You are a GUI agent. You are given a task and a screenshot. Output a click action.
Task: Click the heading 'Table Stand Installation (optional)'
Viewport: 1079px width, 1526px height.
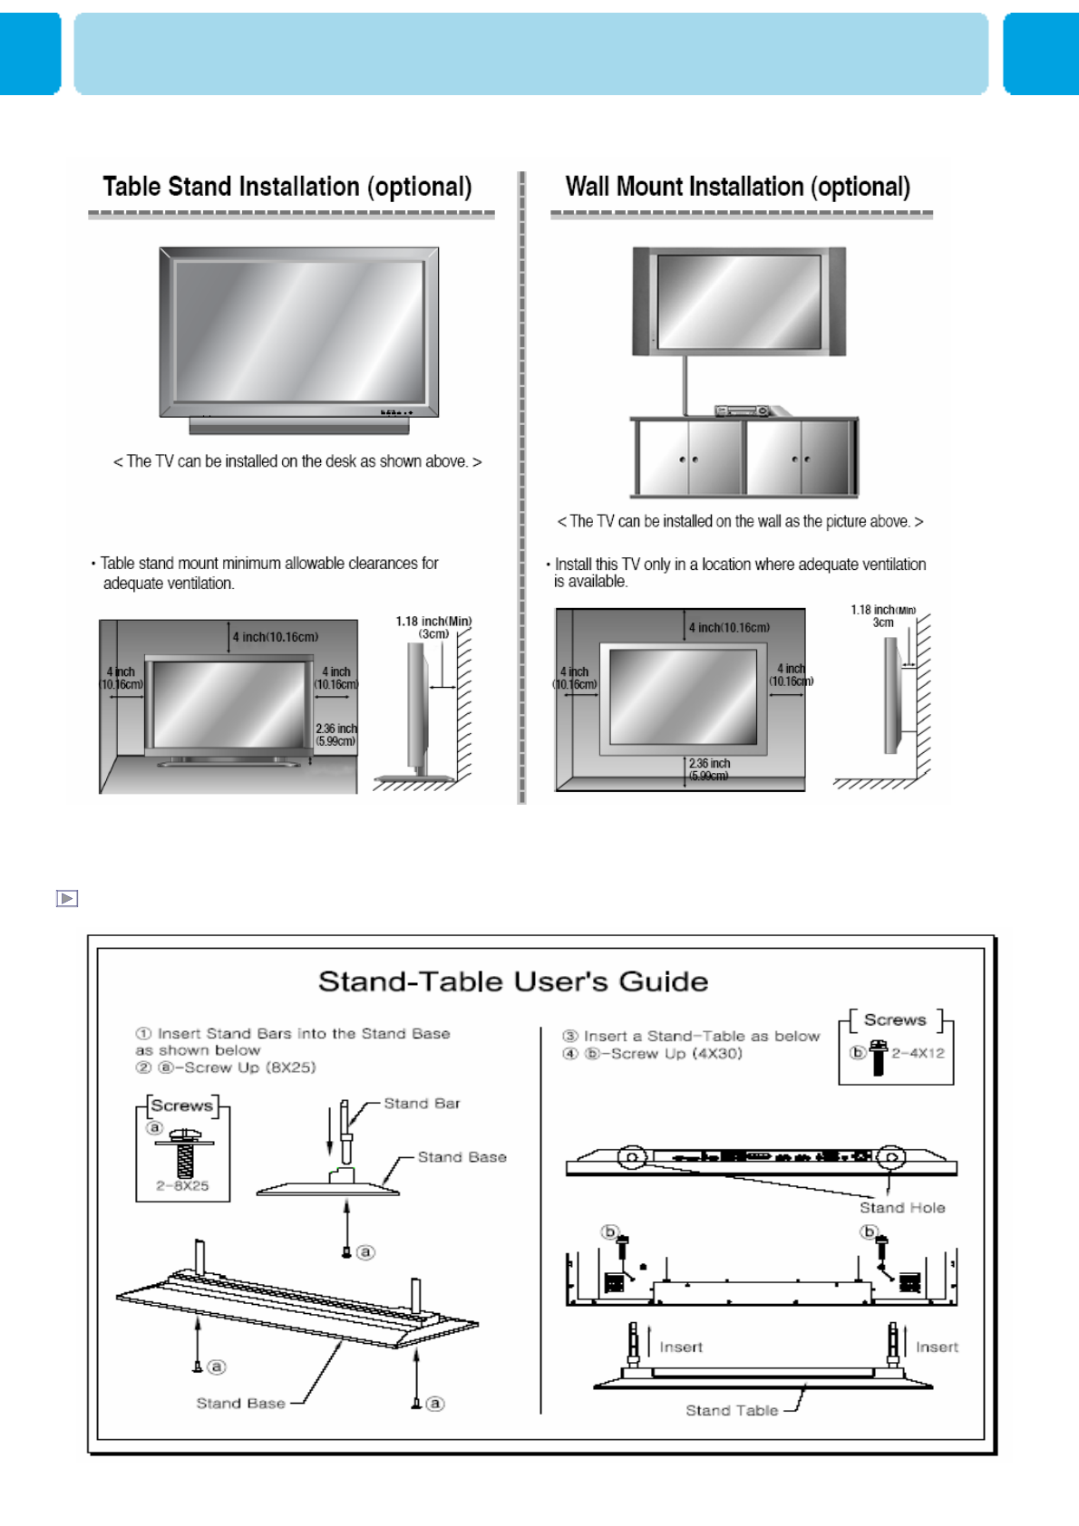coord(287,187)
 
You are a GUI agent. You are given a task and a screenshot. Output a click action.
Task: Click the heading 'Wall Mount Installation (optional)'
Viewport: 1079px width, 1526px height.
coord(737,187)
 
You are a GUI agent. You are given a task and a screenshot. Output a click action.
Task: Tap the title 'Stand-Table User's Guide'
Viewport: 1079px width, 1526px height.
coord(513,981)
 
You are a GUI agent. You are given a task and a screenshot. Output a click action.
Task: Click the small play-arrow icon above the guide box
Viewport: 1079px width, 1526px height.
coord(67,898)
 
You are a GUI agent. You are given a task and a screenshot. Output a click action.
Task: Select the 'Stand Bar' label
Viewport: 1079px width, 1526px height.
coord(422,1104)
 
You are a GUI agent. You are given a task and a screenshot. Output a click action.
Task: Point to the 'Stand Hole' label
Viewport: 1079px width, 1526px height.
coord(902,1208)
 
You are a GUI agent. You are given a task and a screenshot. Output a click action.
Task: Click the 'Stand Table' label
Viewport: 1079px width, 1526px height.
coord(732,1410)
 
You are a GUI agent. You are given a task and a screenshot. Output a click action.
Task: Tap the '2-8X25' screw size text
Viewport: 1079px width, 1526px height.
coord(182,1185)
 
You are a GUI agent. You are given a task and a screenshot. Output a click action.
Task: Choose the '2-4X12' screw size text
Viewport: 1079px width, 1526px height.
coord(918,1053)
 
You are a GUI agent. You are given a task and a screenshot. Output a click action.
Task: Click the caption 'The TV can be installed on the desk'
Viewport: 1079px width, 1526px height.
coord(297,461)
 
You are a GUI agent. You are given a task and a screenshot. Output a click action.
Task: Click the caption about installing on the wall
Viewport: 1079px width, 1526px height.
coord(740,521)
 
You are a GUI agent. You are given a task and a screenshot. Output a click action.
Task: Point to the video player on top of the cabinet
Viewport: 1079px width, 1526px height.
coord(744,410)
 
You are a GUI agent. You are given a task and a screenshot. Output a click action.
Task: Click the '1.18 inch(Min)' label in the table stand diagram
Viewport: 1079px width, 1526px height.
coord(433,622)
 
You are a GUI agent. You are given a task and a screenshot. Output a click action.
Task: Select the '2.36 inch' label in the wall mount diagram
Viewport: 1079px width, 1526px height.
coord(709,764)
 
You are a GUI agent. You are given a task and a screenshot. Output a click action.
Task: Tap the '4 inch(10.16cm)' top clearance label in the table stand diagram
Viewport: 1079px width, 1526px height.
coord(276,637)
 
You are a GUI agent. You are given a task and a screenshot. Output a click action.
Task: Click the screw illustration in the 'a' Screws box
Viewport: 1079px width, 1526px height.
coord(184,1154)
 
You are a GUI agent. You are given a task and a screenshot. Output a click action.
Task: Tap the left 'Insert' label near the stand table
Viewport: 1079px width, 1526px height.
coord(681,1347)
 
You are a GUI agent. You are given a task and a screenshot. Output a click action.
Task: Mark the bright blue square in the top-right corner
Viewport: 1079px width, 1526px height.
coord(1041,53)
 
